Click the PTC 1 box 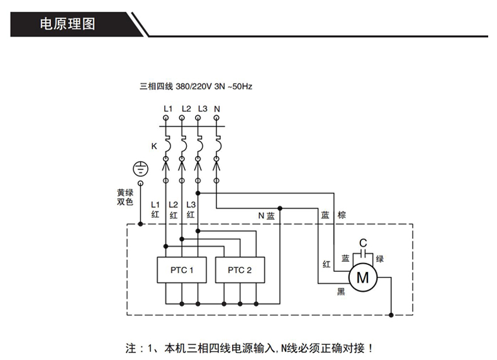182,270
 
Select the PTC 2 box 240,270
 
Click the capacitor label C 362,242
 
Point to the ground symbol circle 140,169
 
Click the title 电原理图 67,25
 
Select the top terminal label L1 167,108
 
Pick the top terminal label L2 186,108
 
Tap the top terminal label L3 201,108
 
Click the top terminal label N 217,108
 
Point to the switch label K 154,146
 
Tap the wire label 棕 342,215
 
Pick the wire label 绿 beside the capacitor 379,258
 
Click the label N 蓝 266,215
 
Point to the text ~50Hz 240,86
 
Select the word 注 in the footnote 131,347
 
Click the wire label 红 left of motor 326,264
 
